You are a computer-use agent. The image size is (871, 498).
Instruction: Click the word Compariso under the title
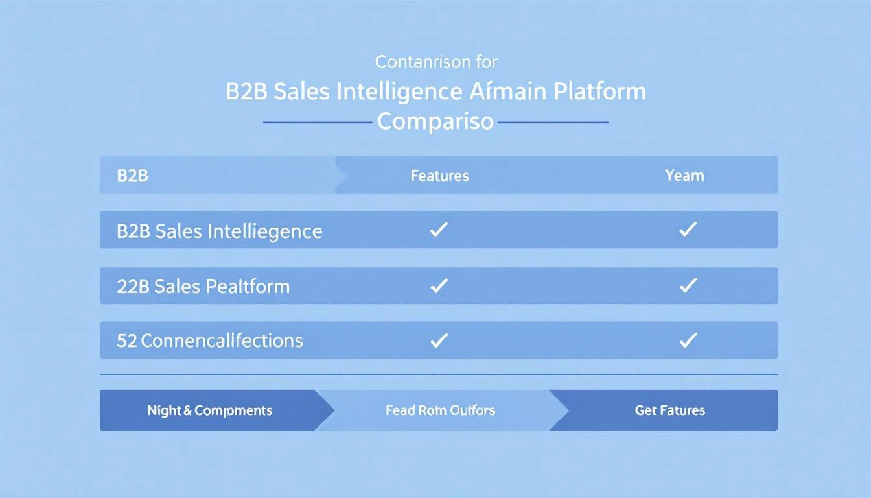[435, 121]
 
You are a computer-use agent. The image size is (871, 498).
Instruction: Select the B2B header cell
[132, 175]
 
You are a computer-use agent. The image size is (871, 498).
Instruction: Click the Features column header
[439, 175]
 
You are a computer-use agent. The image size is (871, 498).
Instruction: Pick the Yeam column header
[684, 175]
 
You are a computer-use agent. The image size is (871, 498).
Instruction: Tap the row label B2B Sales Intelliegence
[219, 231]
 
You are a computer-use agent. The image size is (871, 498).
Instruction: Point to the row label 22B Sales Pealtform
[203, 286]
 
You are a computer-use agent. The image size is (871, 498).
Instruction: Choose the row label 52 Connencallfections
[209, 340]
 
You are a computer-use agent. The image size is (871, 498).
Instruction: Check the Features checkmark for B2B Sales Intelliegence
[439, 230]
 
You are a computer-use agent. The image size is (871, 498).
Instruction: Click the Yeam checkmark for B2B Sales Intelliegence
[687, 230]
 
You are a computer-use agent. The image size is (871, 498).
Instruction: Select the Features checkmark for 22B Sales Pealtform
[439, 285]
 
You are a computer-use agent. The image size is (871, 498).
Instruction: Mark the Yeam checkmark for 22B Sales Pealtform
[687, 285]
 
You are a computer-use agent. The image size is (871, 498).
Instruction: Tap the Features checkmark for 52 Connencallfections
[439, 340]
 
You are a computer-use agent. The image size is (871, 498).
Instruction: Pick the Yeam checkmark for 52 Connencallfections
[687, 340]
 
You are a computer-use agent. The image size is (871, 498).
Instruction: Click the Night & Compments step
[209, 410]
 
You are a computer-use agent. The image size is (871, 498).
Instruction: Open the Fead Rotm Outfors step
[440, 410]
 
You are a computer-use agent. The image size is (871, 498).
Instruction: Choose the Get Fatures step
[669, 410]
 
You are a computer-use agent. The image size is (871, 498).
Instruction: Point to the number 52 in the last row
[126, 340]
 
